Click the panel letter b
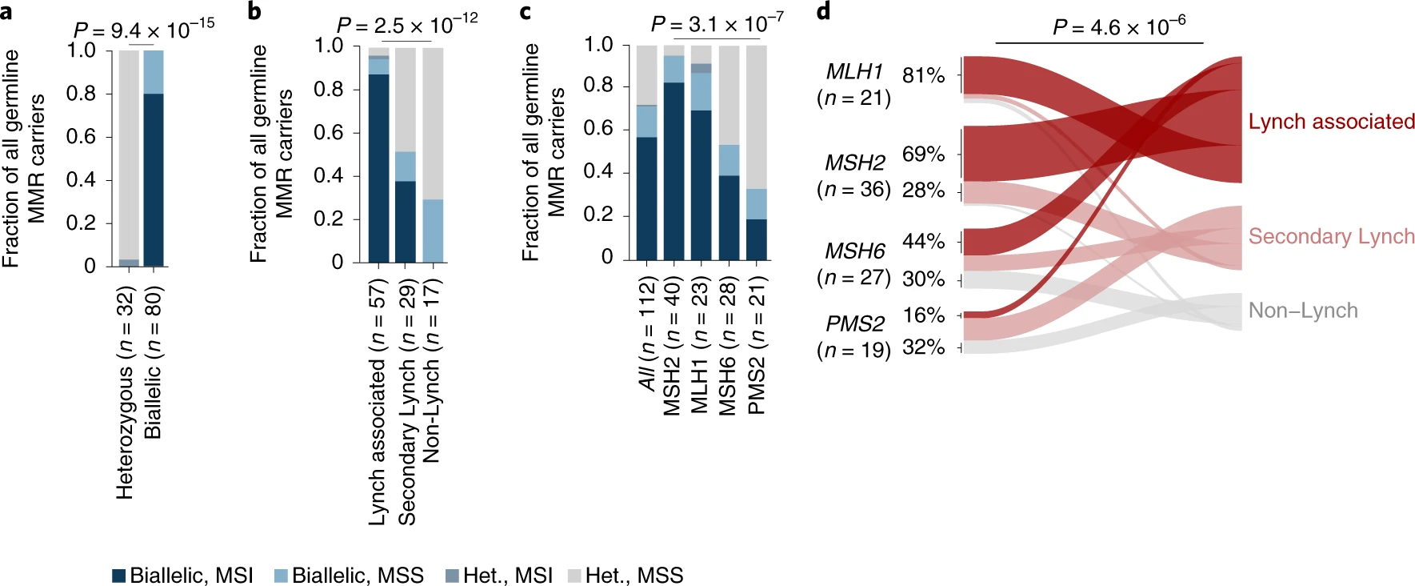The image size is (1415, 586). pos(255,11)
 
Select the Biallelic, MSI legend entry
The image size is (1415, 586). pos(183,575)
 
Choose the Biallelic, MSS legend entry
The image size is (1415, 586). pos(349,575)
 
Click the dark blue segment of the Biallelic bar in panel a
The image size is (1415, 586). pos(154,179)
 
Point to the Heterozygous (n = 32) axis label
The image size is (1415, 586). pos(126,392)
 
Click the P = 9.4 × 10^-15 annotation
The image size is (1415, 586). pos(144,30)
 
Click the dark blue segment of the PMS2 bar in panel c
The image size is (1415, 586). pos(756,239)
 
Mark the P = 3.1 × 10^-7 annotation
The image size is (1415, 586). pos(717,24)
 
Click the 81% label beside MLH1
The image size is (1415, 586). pos(923,75)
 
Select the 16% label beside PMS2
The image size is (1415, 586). pos(923,315)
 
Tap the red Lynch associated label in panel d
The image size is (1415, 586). pos(1331,122)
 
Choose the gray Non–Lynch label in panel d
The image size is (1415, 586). pos(1303,311)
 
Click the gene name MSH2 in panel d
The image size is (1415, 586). pos(854,163)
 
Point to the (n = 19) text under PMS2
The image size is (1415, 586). pos(853,351)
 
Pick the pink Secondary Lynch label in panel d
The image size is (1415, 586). pos(1331,236)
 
